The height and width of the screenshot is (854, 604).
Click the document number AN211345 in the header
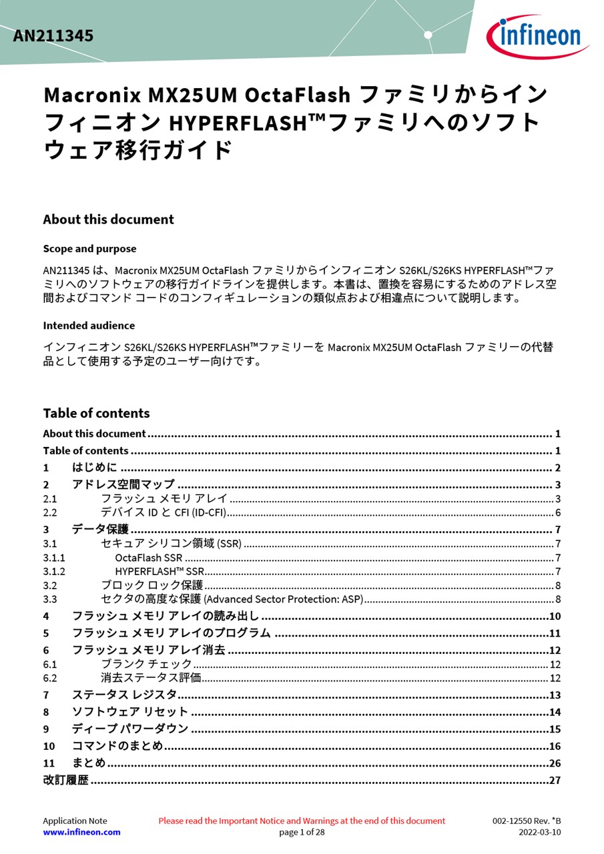tap(53, 36)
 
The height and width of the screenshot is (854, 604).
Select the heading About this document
tap(108, 220)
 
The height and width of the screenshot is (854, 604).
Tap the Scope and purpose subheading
tap(89, 249)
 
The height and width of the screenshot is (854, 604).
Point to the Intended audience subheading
tap(89, 326)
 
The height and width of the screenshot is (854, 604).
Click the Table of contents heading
tap(96, 413)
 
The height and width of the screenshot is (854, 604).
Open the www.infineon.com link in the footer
tap(81, 832)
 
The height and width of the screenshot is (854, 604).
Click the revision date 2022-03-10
tap(540, 832)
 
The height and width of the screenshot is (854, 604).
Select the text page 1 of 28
tap(302, 832)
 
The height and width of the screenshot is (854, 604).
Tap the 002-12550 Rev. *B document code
tap(527, 821)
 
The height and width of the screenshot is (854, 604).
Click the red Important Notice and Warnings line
tap(302, 821)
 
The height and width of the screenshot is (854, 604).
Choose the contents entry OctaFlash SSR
tap(148, 558)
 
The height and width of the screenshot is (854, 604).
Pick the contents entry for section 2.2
tap(164, 512)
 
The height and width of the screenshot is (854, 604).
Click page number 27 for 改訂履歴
tap(555, 780)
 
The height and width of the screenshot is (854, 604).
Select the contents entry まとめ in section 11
tap(89, 763)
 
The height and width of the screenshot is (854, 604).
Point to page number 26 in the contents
tap(555, 763)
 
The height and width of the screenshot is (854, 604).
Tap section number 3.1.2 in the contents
tap(54, 571)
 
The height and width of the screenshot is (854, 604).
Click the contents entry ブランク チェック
tap(146, 664)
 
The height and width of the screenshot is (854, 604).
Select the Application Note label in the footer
tap(75, 821)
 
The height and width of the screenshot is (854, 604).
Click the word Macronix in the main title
tap(92, 95)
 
